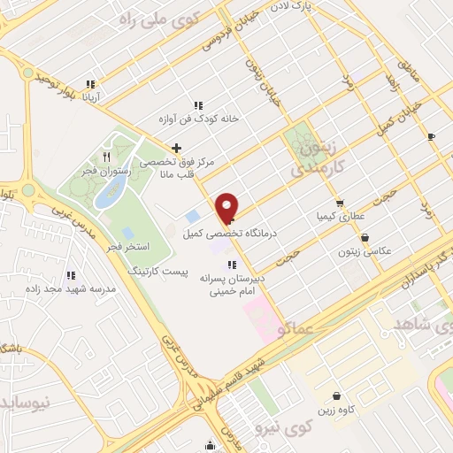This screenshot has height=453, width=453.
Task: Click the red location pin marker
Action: (x=227, y=207)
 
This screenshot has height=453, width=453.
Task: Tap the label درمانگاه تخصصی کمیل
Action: (x=230, y=234)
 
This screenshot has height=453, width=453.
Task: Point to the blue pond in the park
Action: (x=110, y=196)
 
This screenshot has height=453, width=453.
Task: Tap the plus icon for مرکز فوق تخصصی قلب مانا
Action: (x=177, y=148)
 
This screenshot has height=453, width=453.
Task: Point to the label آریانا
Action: (x=92, y=97)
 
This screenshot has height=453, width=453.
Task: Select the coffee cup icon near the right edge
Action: (x=431, y=136)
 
